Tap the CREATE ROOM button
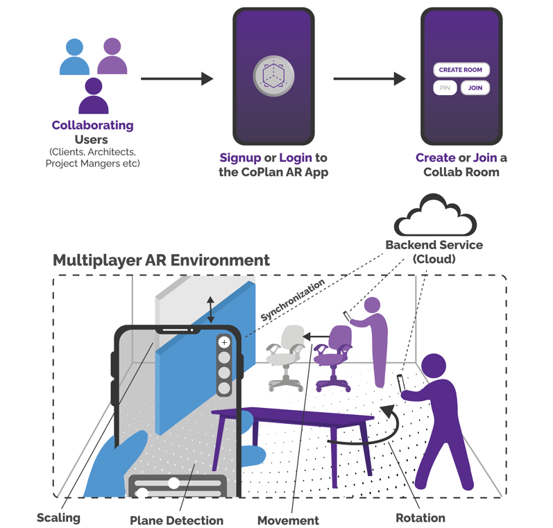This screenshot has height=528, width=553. (x=461, y=70)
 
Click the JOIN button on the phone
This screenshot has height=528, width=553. (x=475, y=88)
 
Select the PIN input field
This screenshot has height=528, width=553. (x=445, y=88)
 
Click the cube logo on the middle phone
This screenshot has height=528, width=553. (x=273, y=76)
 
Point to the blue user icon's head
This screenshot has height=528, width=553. (x=74, y=47)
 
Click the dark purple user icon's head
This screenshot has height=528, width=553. (x=94, y=86)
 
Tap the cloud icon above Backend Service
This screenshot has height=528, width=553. (x=435, y=214)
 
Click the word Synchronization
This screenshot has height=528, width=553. (x=292, y=300)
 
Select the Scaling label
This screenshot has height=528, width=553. (x=58, y=518)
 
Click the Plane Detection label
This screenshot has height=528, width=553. (x=176, y=520)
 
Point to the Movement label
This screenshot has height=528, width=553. (x=288, y=520)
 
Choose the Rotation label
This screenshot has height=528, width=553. (x=420, y=518)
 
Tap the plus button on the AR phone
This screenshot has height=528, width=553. (x=224, y=342)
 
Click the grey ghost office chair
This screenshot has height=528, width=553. (x=286, y=357)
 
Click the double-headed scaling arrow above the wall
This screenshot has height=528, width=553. (x=210, y=309)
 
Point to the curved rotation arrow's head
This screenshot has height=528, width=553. (x=388, y=411)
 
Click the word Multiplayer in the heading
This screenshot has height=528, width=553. (x=97, y=261)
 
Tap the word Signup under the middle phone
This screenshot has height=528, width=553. (x=240, y=157)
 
